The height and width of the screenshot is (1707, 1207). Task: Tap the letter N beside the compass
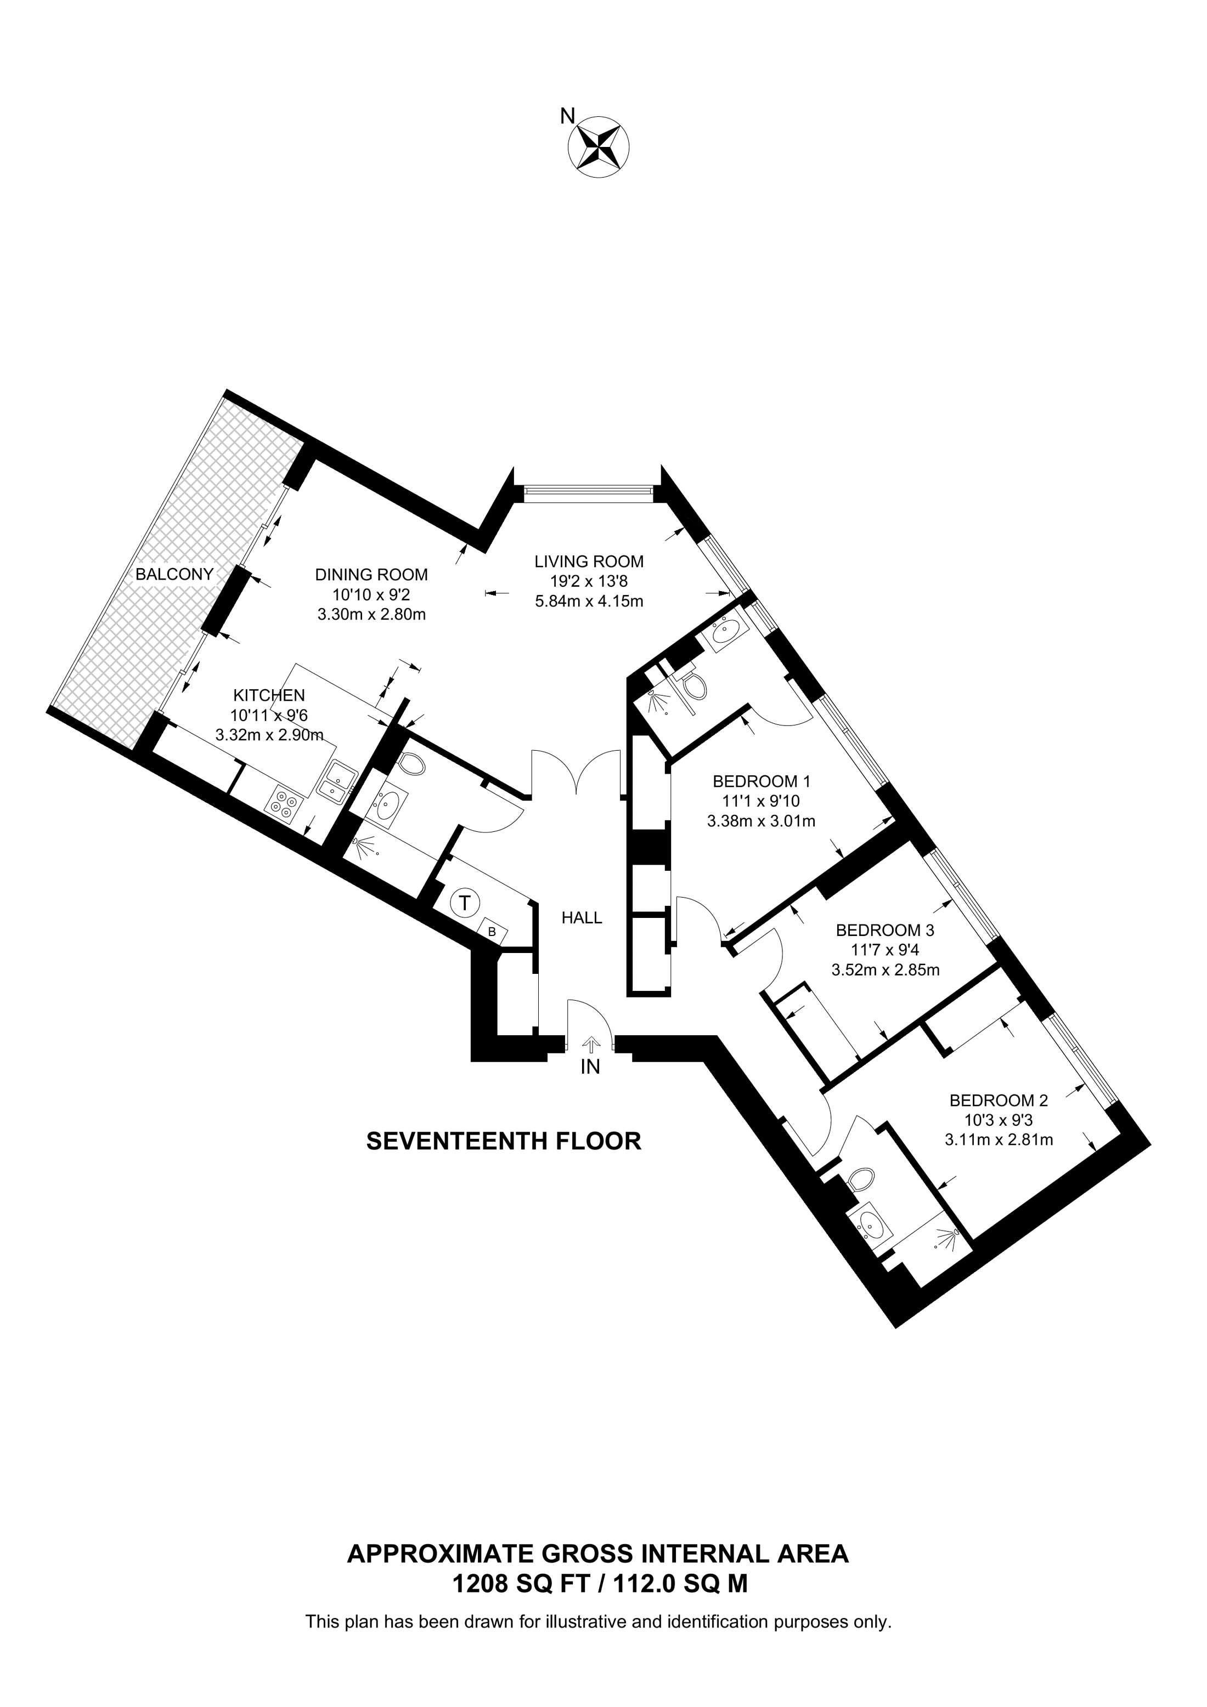(567, 116)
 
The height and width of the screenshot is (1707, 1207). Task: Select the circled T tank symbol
(464, 903)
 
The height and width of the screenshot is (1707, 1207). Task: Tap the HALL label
(582, 918)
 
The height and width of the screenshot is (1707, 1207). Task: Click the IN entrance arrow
(590, 1045)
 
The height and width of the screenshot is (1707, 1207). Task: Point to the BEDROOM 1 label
(761, 781)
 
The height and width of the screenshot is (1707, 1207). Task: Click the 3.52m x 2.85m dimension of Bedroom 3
(885, 969)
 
